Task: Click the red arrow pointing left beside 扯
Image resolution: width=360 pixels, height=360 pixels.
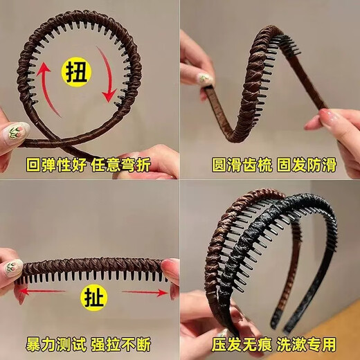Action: (x=42, y=294)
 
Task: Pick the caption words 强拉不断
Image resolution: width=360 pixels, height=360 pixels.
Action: (x=125, y=344)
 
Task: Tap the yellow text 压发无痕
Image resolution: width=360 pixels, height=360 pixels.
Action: (x=233, y=344)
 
